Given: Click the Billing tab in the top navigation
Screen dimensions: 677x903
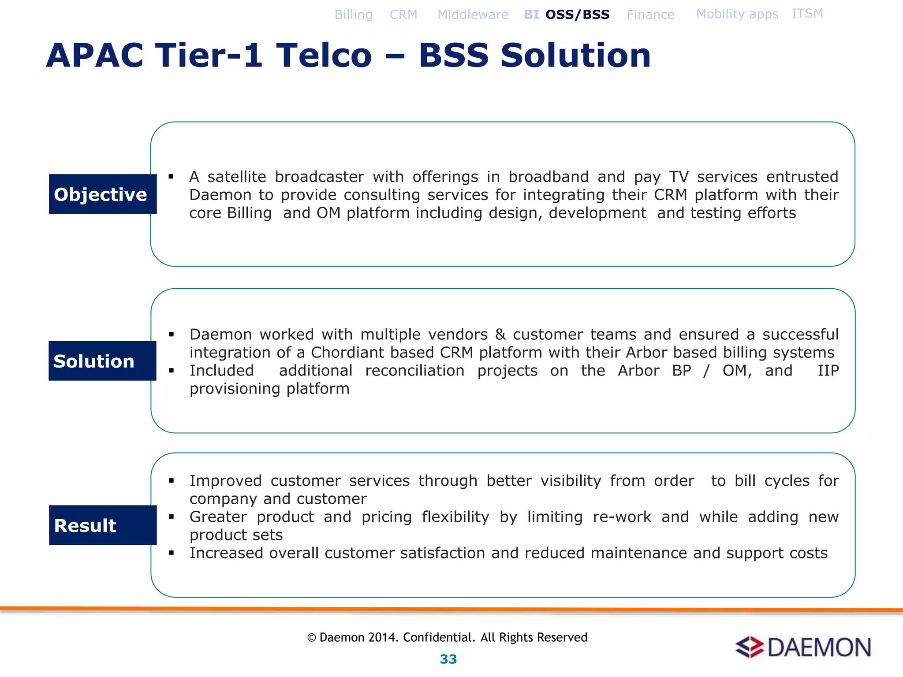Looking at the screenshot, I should pyautogui.click(x=353, y=15).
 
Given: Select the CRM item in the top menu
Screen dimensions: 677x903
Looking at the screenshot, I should pyautogui.click(x=403, y=15).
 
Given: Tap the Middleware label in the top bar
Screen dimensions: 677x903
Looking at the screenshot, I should pyautogui.click(x=473, y=15).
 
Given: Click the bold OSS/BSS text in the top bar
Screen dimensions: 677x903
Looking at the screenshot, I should pyautogui.click(x=577, y=15).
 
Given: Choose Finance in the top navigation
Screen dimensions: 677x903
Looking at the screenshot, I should pyautogui.click(x=650, y=15).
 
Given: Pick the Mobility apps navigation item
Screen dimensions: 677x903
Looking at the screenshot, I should pyautogui.click(x=737, y=14).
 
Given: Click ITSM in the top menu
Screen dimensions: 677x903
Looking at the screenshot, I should pyautogui.click(x=807, y=14).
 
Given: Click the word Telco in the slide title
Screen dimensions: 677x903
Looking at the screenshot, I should pyautogui.click(x=324, y=56).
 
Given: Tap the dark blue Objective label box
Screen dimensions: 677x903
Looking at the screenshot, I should pyautogui.click(x=103, y=194).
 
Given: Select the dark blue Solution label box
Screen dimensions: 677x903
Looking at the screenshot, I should pyautogui.click(x=102, y=361).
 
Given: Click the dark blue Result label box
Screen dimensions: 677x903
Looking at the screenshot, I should pyautogui.click(x=103, y=525).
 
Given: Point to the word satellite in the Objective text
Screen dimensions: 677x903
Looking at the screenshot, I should pyautogui.click(x=237, y=177).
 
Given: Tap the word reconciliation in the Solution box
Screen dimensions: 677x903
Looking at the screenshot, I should pyautogui.click(x=414, y=371).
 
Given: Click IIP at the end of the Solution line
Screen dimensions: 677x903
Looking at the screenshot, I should pyautogui.click(x=828, y=371).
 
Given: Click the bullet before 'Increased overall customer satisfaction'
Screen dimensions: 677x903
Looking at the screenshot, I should pyautogui.click(x=172, y=553).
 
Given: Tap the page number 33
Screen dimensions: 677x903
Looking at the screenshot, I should pyautogui.click(x=448, y=659).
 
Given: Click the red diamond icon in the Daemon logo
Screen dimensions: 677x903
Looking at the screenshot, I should pyautogui.click(x=750, y=647).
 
